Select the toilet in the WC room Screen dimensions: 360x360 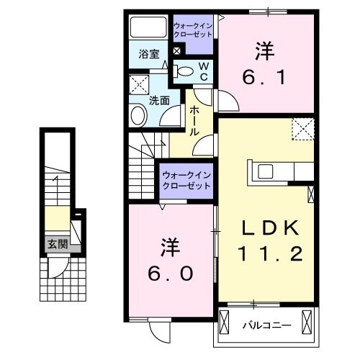(184, 71)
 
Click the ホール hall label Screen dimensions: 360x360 (194, 121)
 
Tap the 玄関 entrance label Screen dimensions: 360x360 (58, 245)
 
